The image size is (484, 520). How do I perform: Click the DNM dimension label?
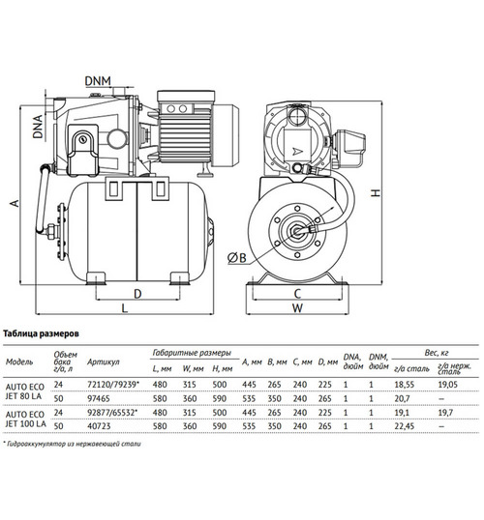pyautogui.click(x=98, y=81)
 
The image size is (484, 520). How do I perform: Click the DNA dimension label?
pyautogui.click(x=38, y=127)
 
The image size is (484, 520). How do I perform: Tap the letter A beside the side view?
pyautogui.click(x=15, y=203)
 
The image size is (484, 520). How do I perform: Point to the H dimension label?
pyautogui.click(x=376, y=192)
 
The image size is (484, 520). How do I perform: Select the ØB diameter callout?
pyautogui.click(x=237, y=258)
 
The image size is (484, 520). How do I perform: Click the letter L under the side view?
pyautogui.click(x=124, y=308)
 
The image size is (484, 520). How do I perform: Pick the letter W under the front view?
pyautogui.click(x=297, y=308)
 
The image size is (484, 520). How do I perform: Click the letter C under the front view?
pyautogui.click(x=297, y=294)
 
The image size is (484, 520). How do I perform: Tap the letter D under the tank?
pyautogui.click(x=137, y=294)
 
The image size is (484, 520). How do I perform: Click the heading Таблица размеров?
pyautogui.click(x=42, y=333)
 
